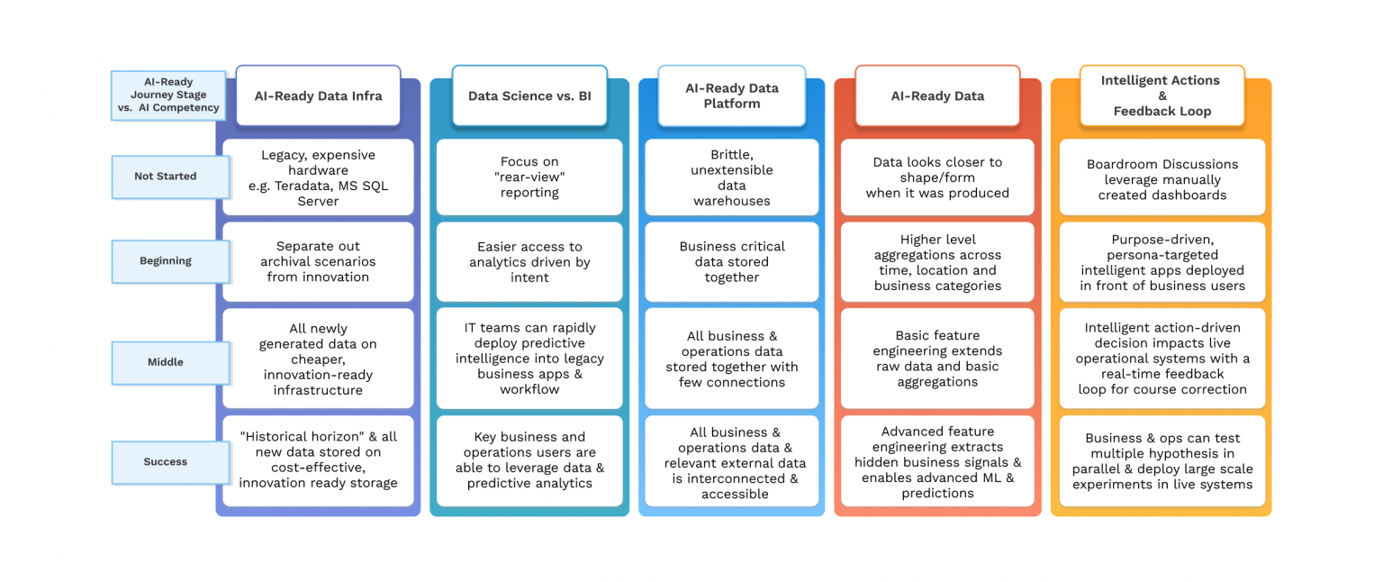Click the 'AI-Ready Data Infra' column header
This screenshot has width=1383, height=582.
click(318, 95)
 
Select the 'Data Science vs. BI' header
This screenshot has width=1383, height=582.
click(529, 95)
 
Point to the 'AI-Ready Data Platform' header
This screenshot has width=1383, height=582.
click(731, 95)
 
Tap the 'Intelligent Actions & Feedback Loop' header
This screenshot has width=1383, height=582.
click(1162, 95)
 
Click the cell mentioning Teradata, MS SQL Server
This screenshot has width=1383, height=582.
click(318, 177)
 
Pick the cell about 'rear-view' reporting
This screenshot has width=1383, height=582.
click(529, 177)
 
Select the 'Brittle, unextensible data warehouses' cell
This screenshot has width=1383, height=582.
click(731, 177)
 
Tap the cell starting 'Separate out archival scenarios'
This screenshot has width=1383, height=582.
click(318, 261)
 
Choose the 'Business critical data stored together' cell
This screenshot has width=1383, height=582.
click(731, 261)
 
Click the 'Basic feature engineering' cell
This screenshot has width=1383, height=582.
click(937, 359)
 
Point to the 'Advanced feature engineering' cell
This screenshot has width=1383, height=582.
click(937, 462)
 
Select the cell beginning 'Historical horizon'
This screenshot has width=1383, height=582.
click(318, 460)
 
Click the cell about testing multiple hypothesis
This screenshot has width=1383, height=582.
click(1162, 460)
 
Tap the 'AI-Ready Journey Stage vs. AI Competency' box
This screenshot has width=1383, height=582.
click(168, 95)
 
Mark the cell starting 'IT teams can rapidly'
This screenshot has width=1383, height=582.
click(529, 359)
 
